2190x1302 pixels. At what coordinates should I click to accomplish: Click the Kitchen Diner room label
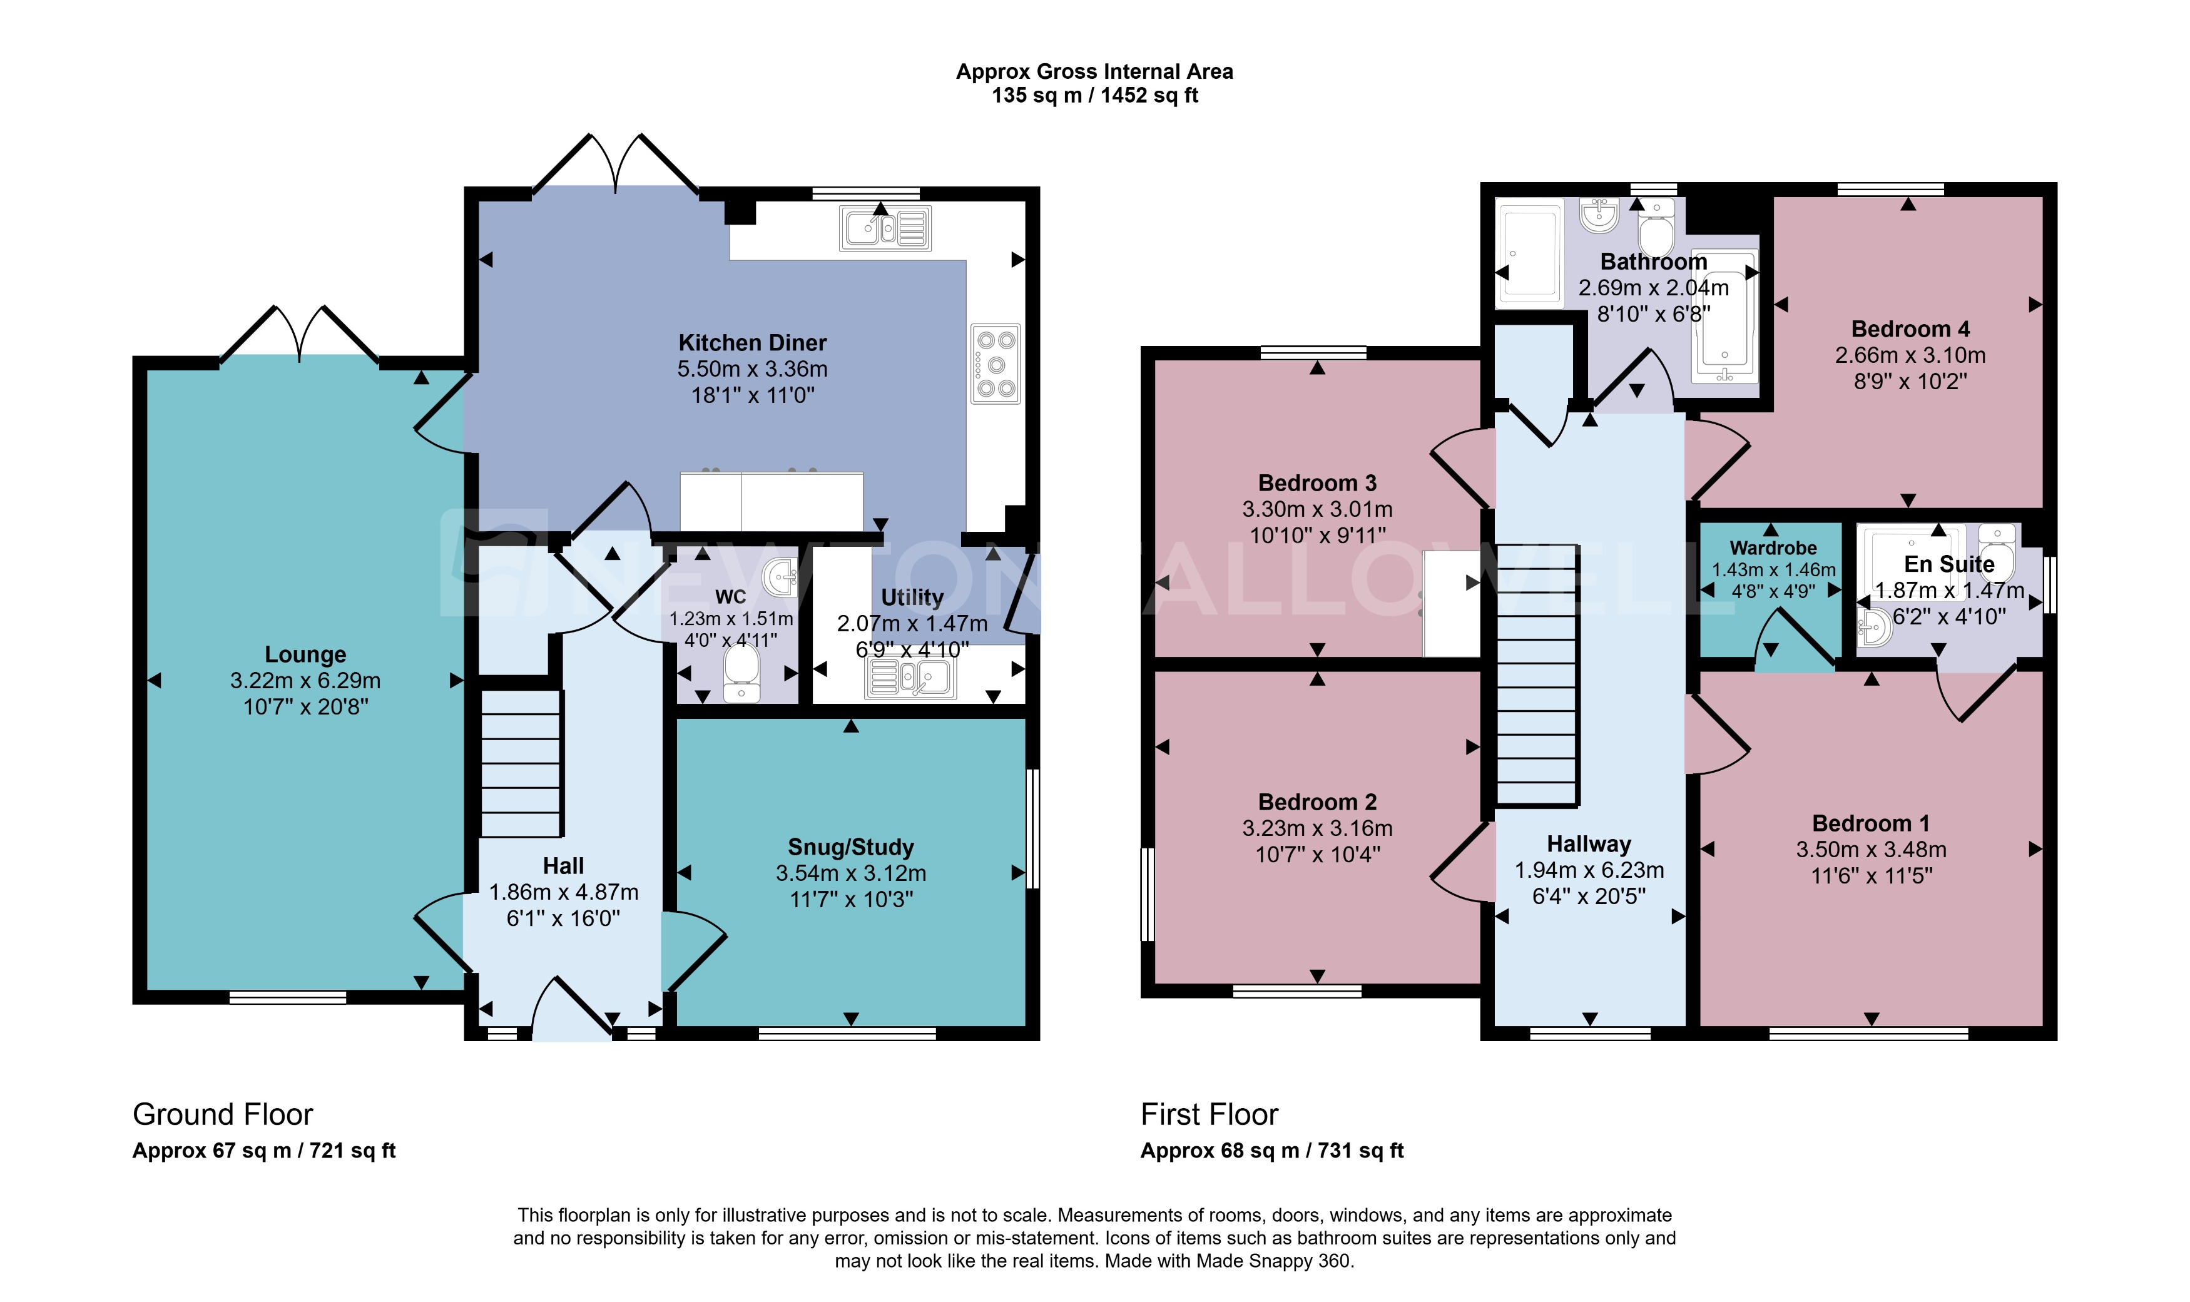click(752, 342)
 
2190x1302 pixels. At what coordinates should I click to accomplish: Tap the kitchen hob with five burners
click(995, 364)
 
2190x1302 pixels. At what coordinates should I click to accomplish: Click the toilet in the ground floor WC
click(741, 674)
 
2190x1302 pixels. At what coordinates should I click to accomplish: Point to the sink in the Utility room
click(910, 678)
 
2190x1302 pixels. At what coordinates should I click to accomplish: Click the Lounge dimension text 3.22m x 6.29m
click(305, 681)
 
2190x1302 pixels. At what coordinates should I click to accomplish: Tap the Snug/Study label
click(850, 847)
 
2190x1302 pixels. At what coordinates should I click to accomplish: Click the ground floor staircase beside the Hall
click(521, 763)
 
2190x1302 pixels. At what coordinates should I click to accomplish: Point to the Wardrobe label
click(1773, 548)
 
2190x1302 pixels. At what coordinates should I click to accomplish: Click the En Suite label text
click(1948, 564)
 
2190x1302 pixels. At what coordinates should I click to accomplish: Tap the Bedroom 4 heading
click(1909, 329)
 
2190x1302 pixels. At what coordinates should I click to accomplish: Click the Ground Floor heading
click(222, 1114)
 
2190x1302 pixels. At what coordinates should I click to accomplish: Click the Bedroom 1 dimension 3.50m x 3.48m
click(1871, 849)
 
